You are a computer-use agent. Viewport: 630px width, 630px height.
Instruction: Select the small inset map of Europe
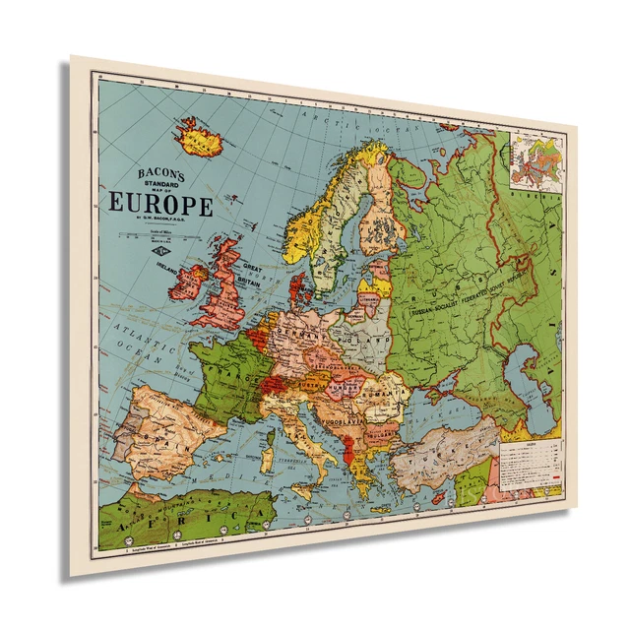click(x=536, y=162)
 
